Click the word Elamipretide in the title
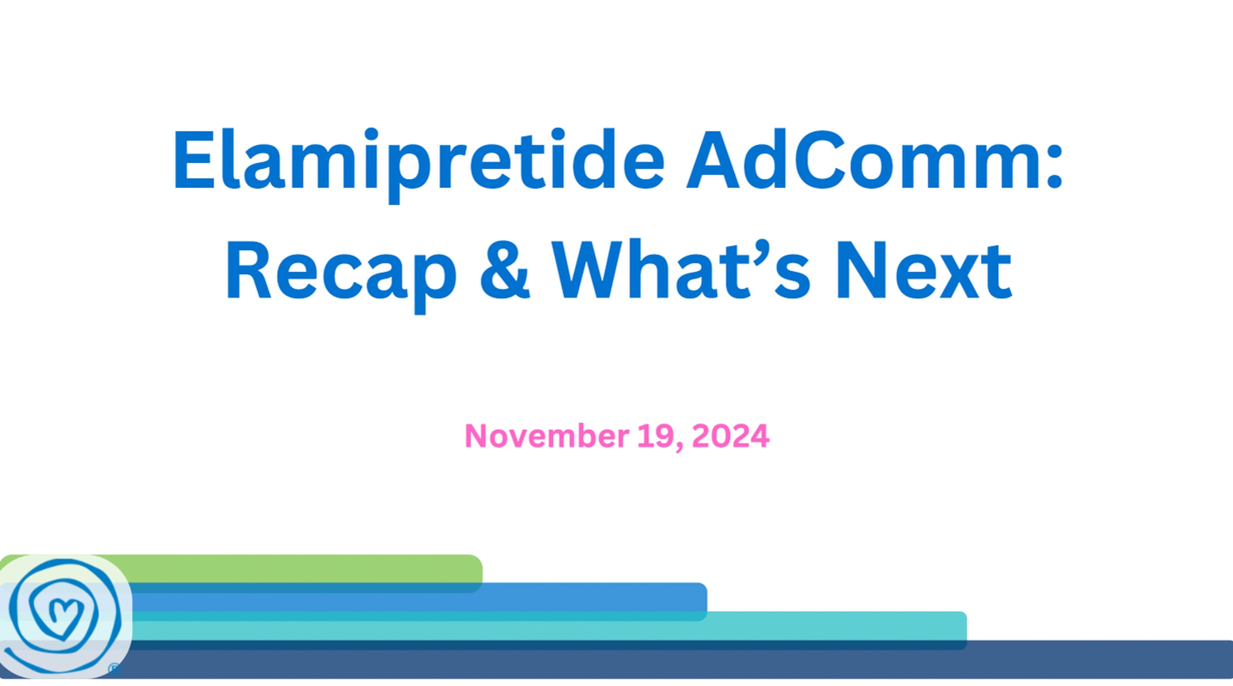tap(419, 164)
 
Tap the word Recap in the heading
tap(341, 275)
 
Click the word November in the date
tap(547, 436)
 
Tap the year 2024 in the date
tap(731, 436)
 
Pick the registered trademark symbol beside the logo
tap(114, 669)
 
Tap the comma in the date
tap(680, 446)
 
